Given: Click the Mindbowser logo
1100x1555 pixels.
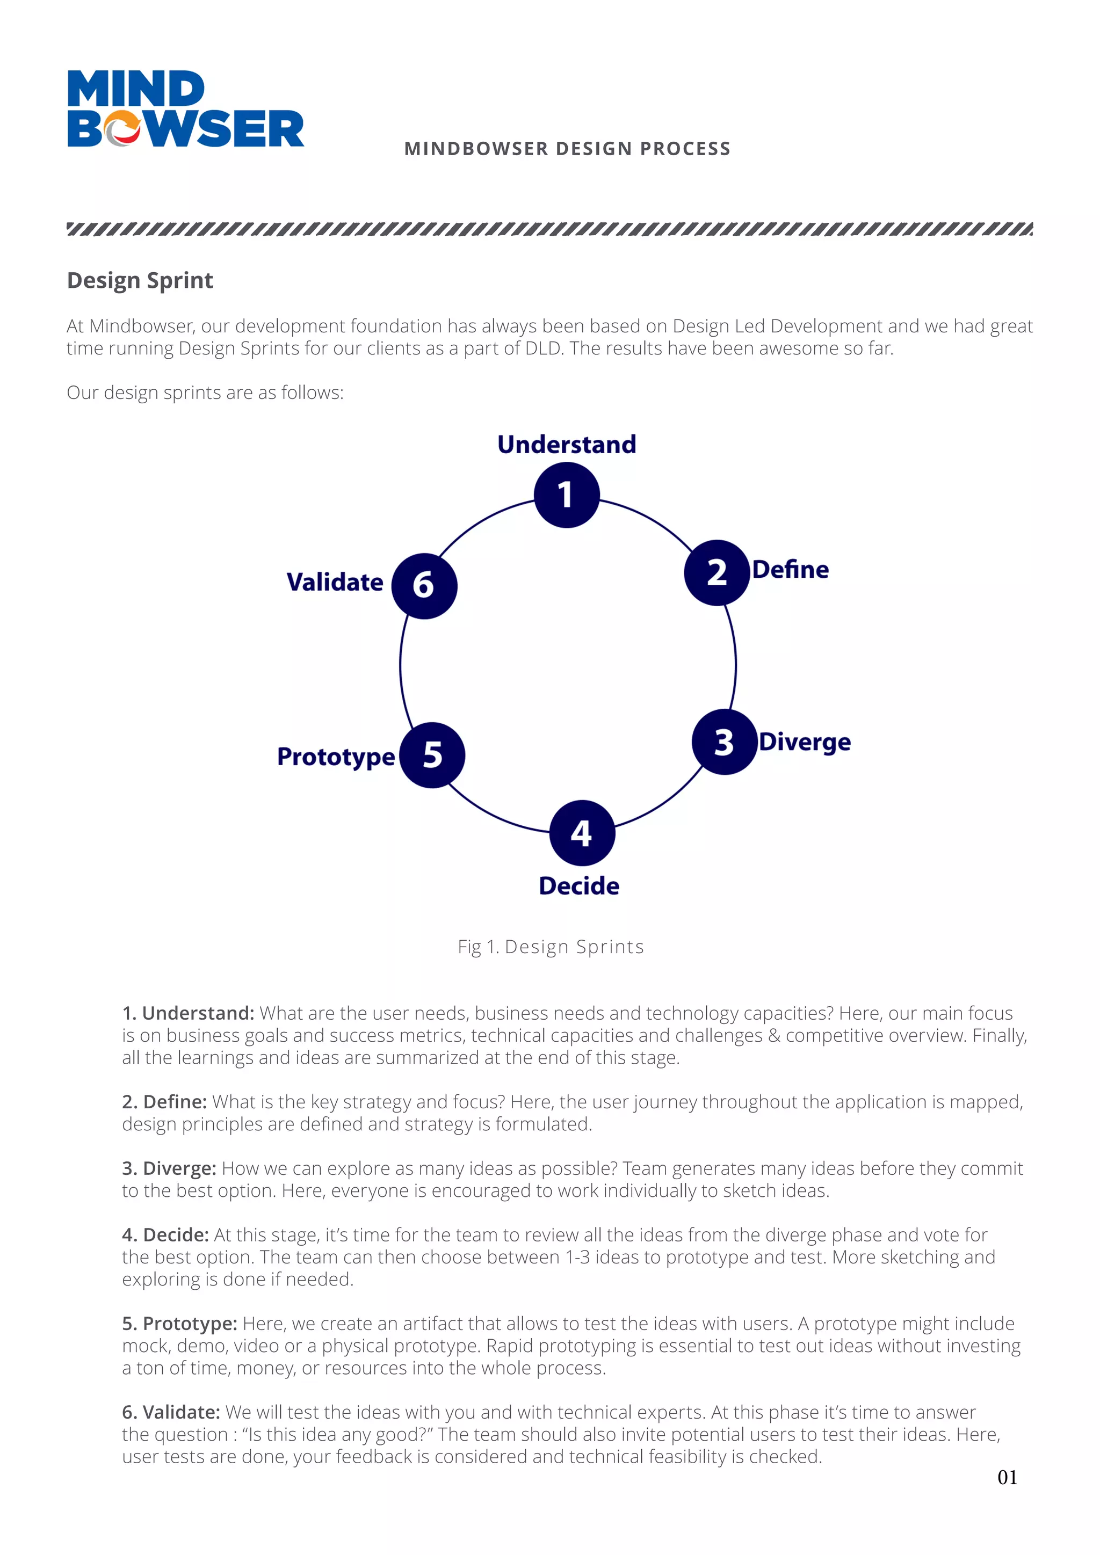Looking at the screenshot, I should point(185,108).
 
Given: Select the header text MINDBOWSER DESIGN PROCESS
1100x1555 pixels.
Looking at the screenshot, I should point(567,149).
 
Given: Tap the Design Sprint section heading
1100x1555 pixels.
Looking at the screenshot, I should point(140,280).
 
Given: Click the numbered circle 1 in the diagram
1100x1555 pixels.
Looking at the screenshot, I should point(566,495).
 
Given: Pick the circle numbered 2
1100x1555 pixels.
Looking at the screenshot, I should point(717,572).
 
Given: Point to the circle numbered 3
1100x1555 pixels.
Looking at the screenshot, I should point(724,742).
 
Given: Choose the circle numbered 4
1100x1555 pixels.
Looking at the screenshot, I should point(582,833).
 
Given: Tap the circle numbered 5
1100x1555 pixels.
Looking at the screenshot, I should point(432,755).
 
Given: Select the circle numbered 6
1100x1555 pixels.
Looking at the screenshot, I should point(424,585).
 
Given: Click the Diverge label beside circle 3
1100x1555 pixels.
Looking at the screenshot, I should point(805,742).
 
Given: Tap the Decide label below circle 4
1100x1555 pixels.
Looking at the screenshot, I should point(579,886).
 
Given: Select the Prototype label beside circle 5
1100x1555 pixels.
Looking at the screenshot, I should point(336,757).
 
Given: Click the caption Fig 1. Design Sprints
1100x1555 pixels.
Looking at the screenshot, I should point(551,947).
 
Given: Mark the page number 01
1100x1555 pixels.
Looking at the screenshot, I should point(1007,1478).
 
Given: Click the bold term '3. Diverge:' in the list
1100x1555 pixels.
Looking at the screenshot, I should point(169,1168).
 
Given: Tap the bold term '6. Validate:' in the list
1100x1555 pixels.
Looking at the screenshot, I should point(171,1412).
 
